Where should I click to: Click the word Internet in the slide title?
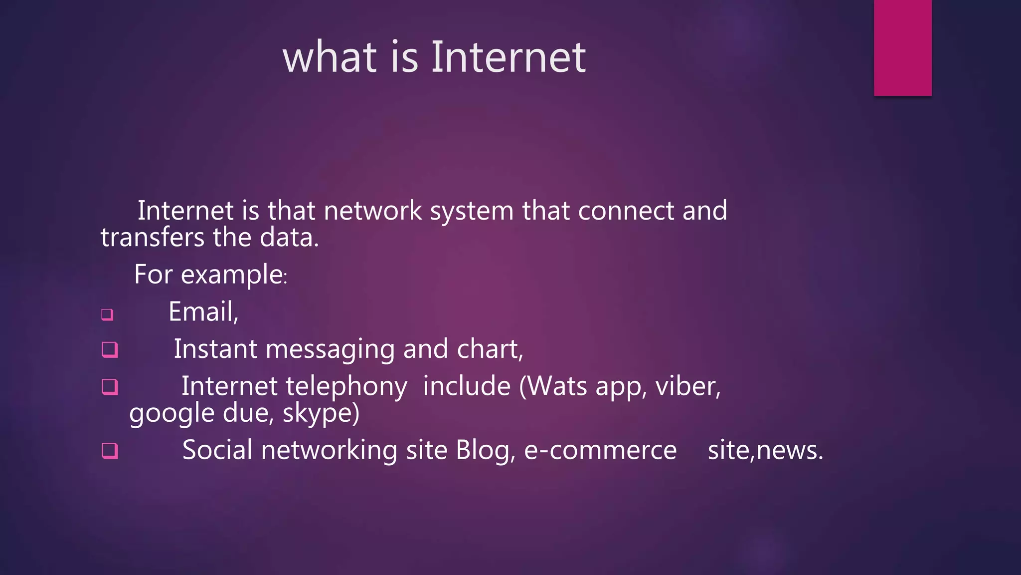click(508, 57)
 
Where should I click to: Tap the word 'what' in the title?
click(330, 57)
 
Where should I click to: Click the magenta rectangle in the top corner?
click(902, 47)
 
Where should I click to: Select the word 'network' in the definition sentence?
click(372, 211)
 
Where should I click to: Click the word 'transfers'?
click(152, 237)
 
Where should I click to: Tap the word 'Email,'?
click(203, 312)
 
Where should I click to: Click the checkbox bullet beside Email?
click(107, 314)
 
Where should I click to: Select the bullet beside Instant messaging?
click(110, 349)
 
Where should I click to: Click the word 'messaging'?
click(330, 349)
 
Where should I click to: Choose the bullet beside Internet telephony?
click(110, 387)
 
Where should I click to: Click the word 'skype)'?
click(321, 414)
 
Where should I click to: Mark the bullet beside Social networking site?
click(110, 451)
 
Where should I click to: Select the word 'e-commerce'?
click(600, 450)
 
